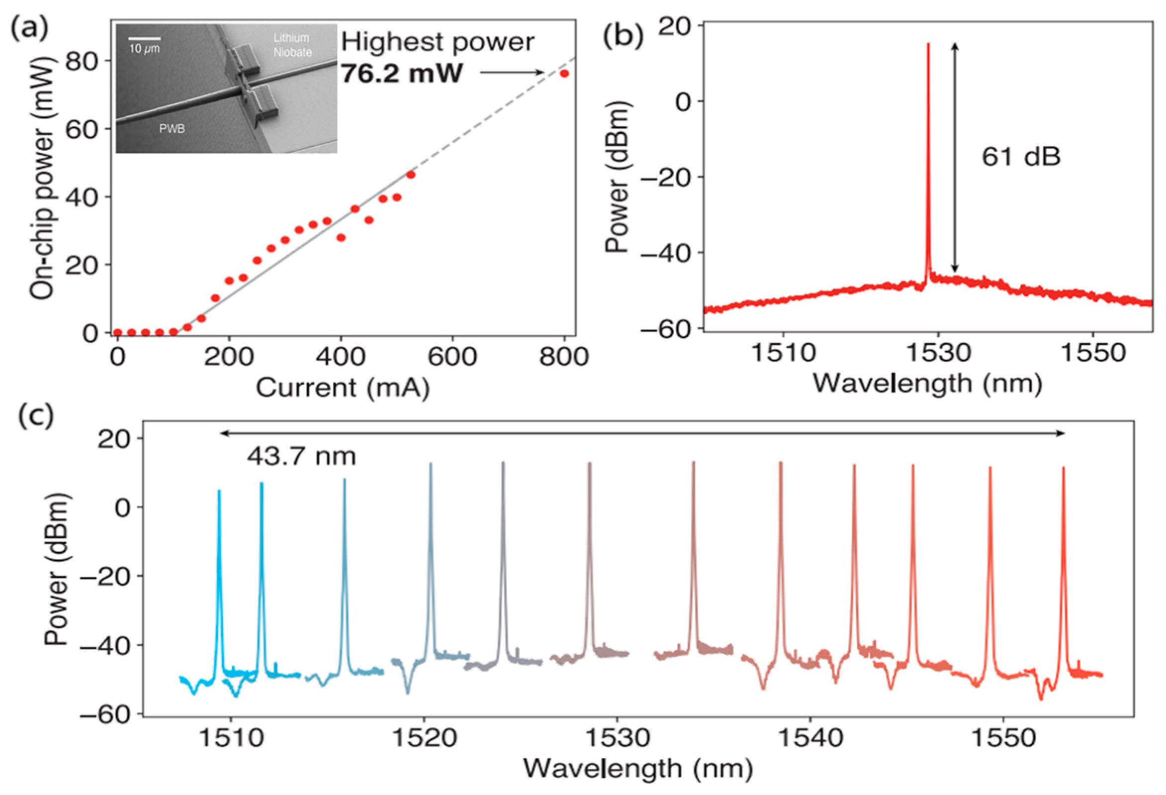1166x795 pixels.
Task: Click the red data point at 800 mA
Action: tap(564, 73)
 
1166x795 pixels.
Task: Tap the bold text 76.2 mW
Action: tap(401, 74)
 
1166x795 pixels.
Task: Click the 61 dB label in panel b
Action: tap(1021, 157)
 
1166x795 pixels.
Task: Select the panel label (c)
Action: tap(36, 416)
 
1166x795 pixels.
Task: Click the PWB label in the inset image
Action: tap(172, 128)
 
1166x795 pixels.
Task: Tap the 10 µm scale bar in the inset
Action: tap(144, 38)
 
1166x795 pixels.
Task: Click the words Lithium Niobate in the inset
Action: tap(292, 45)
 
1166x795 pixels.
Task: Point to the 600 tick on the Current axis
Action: tap(452, 357)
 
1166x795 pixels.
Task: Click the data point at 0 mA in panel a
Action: tap(117, 332)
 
